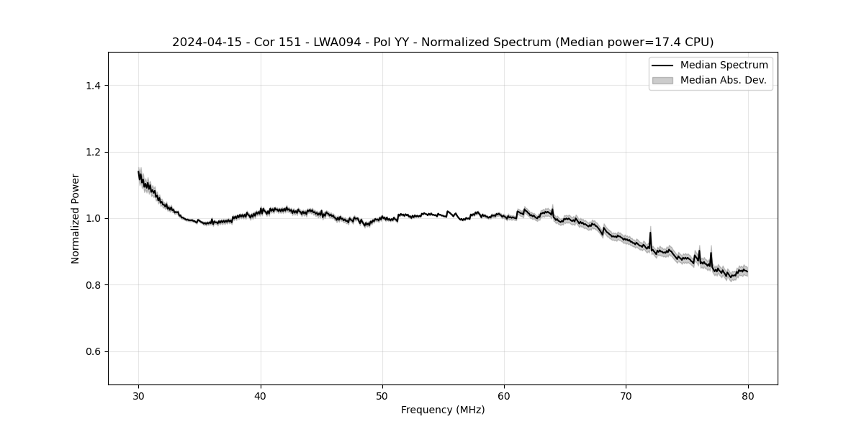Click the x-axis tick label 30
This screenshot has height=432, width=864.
pos(139,395)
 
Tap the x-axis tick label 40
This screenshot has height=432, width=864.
pos(261,395)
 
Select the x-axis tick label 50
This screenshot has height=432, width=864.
pos(382,395)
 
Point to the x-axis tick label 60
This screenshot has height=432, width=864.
pos(504,395)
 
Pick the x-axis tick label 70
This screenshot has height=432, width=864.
pos(626,395)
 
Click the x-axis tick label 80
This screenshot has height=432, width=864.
pos(748,395)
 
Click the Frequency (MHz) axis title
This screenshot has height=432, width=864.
pos(443,410)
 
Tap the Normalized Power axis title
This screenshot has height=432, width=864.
pos(75,218)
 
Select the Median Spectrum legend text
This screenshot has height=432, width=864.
pos(724,66)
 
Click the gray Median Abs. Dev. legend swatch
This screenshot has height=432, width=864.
pos(662,80)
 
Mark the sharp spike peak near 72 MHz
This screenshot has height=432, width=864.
pos(650,233)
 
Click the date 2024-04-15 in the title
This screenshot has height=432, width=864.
pos(204,42)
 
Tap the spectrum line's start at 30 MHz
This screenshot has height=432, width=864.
pos(139,172)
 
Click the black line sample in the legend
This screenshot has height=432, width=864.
pos(662,66)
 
